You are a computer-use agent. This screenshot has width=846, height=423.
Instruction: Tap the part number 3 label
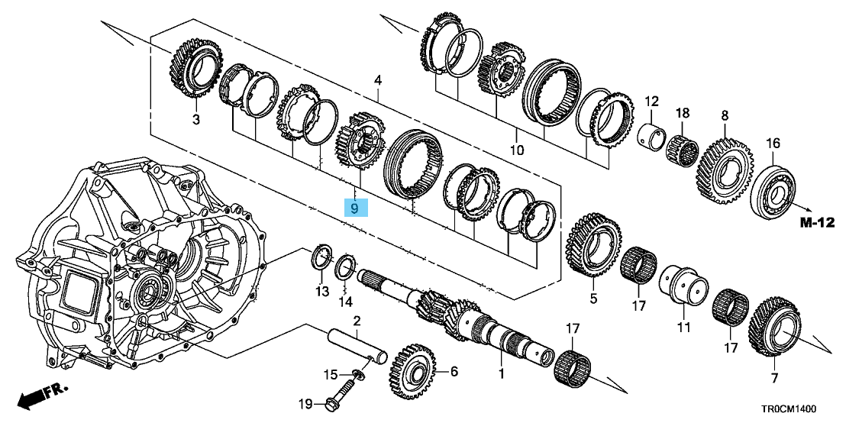(x=195, y=120)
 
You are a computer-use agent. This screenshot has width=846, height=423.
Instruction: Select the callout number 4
(x=376, y=81)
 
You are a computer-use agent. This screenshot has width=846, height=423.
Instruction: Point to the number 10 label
(x=517, y=150)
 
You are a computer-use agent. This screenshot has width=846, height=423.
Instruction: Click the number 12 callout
(x=651, y=102)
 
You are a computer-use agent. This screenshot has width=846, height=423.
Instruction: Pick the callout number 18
(x=682, y=113)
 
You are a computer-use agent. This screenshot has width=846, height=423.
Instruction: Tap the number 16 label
(x=773, y=144)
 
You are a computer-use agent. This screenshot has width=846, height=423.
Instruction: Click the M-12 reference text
(x=816, y=222)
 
